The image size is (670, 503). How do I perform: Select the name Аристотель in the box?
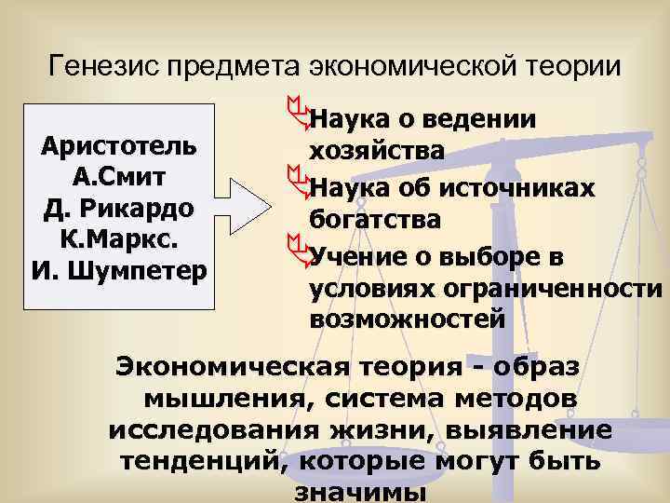pyautogui.click(x=120, y=147)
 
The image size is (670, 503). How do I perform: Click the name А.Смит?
pyautogui.click(x=120, y=177)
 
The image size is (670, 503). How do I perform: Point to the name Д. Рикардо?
pyautogui.click(x=120, y=208)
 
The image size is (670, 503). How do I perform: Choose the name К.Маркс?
pyautogui.click(x=120, y=238)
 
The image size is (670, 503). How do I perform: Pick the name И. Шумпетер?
pyautogui.click(x=120, y=270)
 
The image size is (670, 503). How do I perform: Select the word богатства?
pyautogui.click(x=376, y=221)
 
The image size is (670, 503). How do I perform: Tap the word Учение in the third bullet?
pyautogui.click(x=355, y=254)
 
